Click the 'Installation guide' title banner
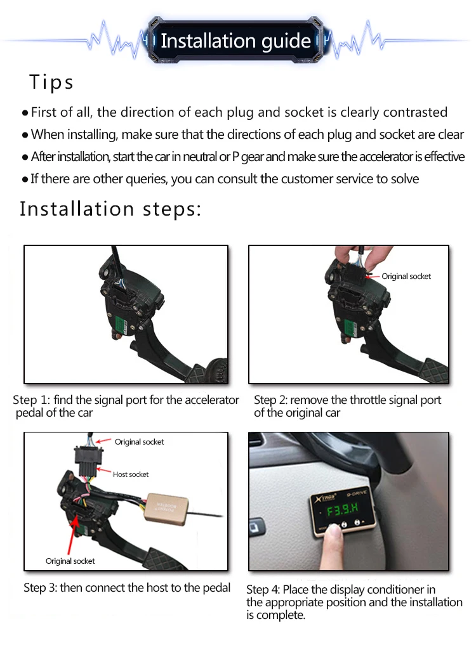pyautogui.click(x=235, y=41)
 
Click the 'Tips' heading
pyautogui.click(x=51, y=82)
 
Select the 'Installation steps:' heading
pyautogui.click(x=110, y=209)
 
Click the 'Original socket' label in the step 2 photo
pyautogui.click(x=406, y=276)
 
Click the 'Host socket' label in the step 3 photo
pyautogui.click(x=131, y=474)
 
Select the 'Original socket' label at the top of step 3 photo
pyautogui.click(x=139, y=441)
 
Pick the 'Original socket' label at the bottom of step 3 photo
pyautogui.click(x=70, y=561)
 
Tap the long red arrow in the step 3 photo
pyautogui.click(x=72, y=536)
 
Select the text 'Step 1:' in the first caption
pyautogui.click(x=31, y=400)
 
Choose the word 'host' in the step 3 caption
pyautogui.click(x=157, y=588)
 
